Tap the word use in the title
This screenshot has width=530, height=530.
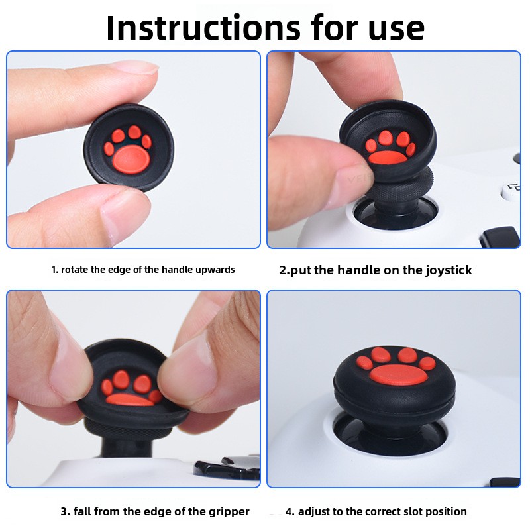click(396, 31)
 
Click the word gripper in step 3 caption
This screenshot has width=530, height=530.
click(229, 512)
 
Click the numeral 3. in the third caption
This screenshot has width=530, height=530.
click(65, 511)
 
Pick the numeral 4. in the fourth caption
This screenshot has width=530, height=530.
click(290, 511)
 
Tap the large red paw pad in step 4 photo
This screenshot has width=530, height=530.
click(399, 375)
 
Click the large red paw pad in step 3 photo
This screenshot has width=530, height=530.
click(129, 400)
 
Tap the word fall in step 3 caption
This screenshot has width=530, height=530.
click(81, 511)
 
